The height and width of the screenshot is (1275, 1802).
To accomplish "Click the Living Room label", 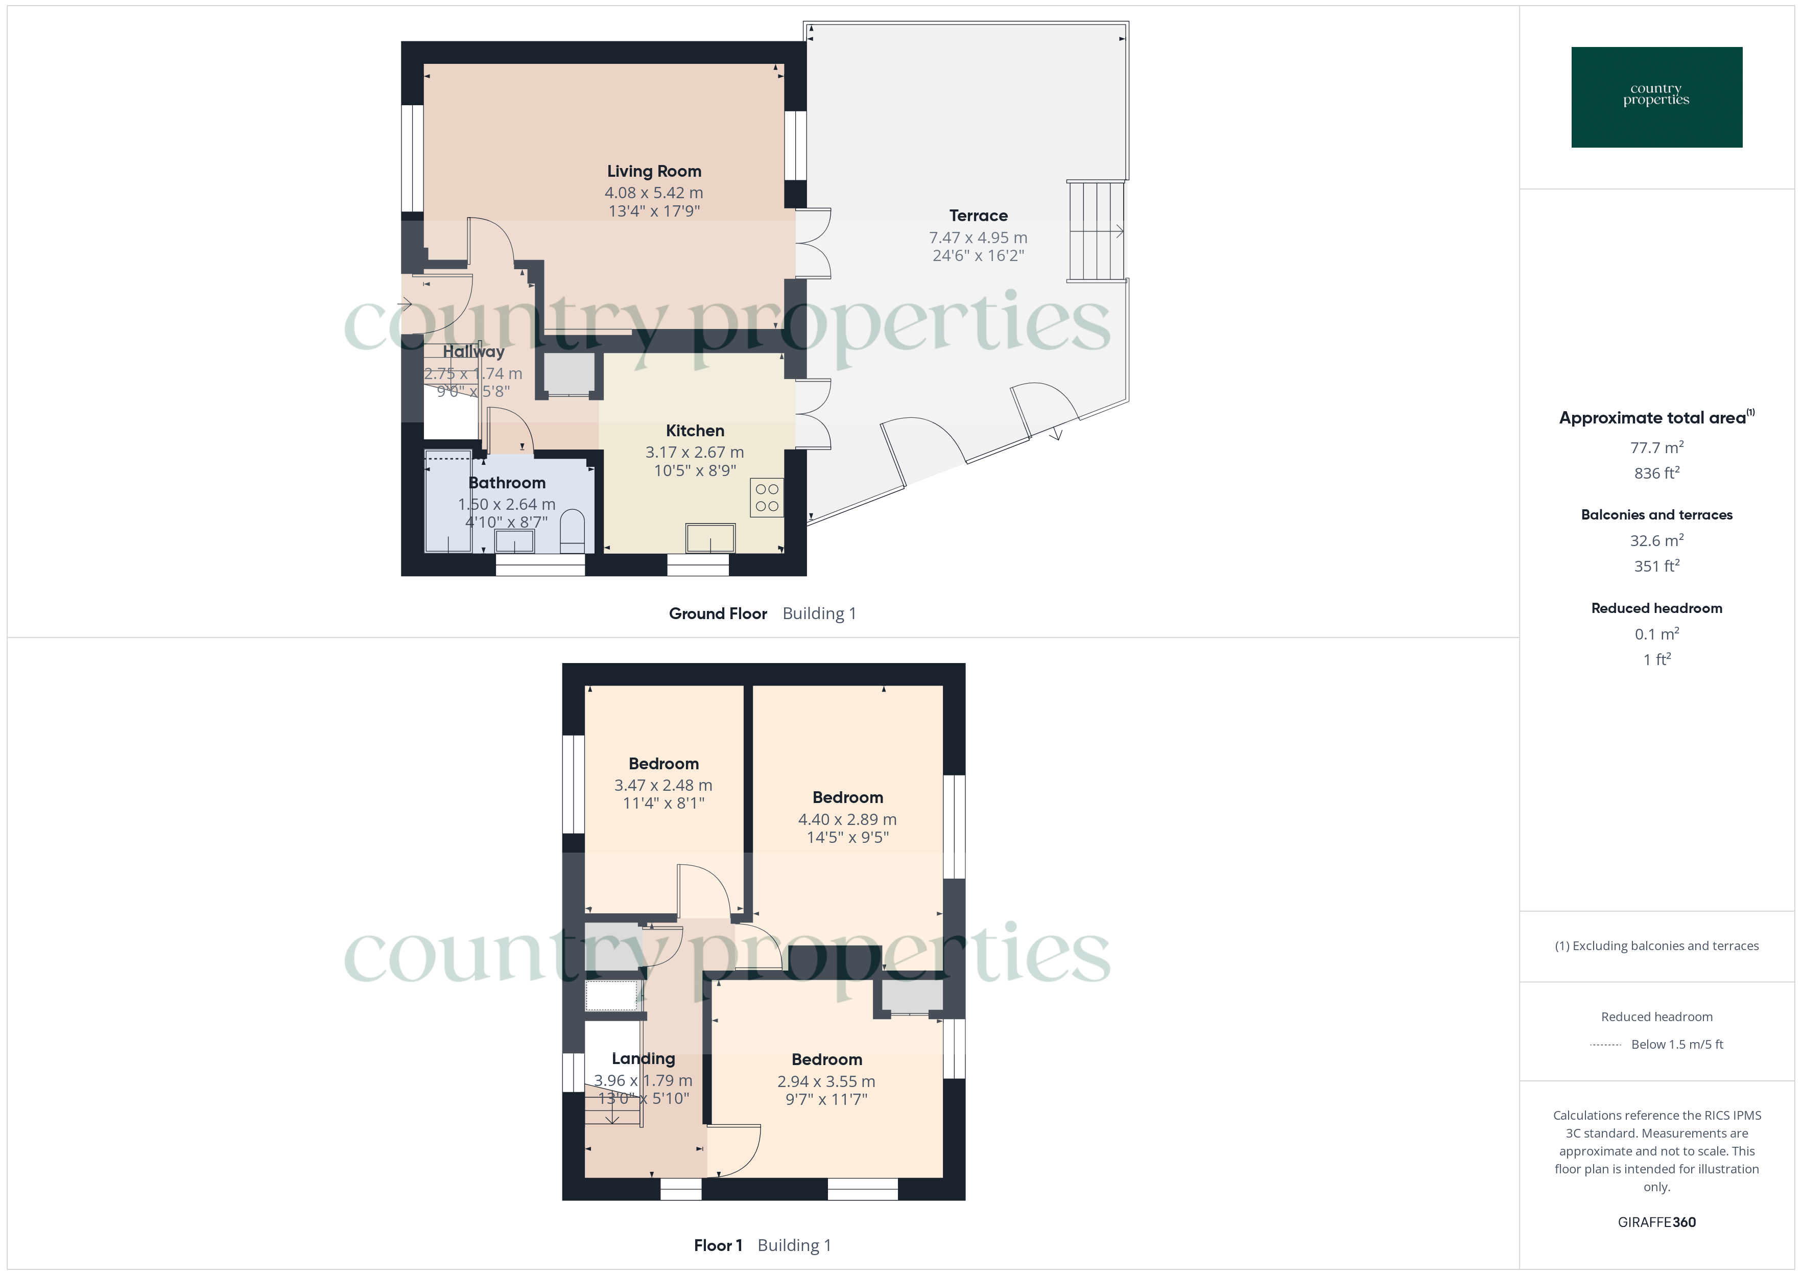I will click(x=654, y=171).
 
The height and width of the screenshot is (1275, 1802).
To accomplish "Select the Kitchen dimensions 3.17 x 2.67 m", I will click(x=695, y=452).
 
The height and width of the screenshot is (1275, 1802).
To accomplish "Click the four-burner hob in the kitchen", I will click(x=767, y=498).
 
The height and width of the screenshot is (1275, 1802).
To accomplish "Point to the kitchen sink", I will click(x=710, y=538).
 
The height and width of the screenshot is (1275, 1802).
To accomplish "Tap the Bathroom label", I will click(x=507, y=483).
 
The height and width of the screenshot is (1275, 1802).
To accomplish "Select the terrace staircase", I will click(x=1096, y=231).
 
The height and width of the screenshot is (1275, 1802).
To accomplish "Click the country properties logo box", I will click(x=1656, y=98).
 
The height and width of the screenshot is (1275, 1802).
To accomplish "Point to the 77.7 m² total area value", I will click(x=1656, y=447).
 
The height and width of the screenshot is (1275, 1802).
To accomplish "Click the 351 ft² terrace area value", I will click(x=1656, y=566).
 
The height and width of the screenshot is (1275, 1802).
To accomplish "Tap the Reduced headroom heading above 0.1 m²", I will click(x=1656, y=608).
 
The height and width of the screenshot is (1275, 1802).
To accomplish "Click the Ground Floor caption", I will click(x=717, y=614).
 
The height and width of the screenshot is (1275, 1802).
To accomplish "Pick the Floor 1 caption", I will click(x=717, y=1245).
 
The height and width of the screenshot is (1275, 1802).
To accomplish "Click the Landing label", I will click(x=643, y=1058).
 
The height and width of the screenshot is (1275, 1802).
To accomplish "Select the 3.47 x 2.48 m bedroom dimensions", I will click(x=663, y=785).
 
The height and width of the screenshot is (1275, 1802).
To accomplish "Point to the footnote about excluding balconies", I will click(x=1656, y=946).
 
